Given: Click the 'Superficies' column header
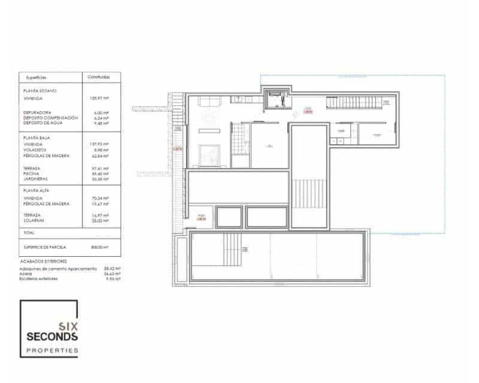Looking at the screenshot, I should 36,77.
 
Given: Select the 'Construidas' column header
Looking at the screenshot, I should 98,77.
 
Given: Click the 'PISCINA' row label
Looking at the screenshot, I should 32,174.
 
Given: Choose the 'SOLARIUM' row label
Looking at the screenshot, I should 34,220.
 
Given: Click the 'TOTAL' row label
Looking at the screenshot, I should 29,232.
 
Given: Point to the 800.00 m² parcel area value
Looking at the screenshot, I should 98,247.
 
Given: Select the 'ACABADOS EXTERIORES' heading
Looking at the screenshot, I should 44,262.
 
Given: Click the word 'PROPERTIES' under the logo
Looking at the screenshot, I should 53,351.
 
